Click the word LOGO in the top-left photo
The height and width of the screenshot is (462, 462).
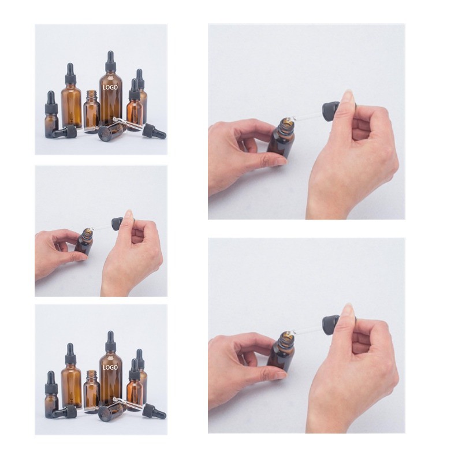pos(110,87)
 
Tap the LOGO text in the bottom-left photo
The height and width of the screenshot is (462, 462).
pos(110,367)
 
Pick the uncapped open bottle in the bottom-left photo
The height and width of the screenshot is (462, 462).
pos(92,391)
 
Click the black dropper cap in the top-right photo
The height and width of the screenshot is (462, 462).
pos(331,111)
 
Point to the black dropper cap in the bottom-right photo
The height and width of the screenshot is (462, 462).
pos(331,325)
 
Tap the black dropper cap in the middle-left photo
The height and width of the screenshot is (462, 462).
pos(118,224)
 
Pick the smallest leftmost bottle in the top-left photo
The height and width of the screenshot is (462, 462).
pos(51,114)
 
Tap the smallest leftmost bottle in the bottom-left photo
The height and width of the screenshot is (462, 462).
pos(51,394)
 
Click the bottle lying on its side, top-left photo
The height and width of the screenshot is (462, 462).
pos(113,131)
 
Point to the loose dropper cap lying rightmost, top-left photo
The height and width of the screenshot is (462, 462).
pos(154,132)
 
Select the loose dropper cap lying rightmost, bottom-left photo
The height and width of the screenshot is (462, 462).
pos(154,412)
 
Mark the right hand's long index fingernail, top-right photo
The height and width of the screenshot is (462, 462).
pos(347,96)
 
